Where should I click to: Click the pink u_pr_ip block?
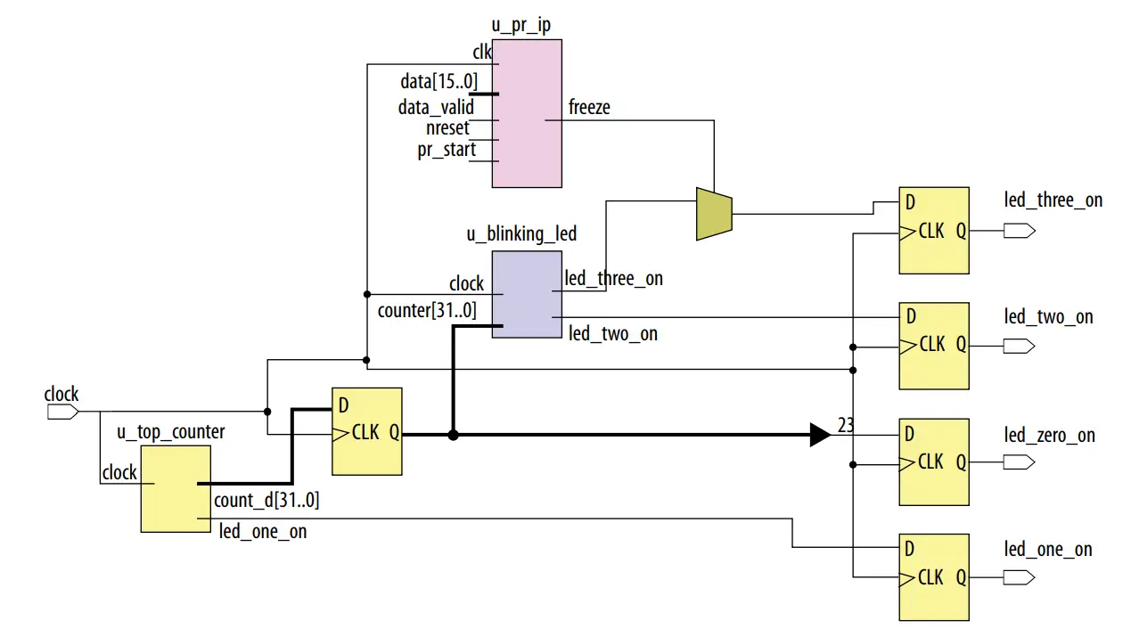tap(527, 114)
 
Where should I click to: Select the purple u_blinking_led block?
tap(527, 293)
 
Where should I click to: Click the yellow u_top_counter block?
tap(176, 489)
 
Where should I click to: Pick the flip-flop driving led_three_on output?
tap(933, 230)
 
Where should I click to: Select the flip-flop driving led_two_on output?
tap(933, 345)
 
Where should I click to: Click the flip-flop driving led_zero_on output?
tap(933, 461)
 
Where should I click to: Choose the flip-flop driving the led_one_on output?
tap(933, 576)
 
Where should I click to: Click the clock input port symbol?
tap(61, 412)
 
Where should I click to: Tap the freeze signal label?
tap(589, 107)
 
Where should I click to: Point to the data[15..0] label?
tap(439, 82)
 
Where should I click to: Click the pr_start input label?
tap(446, 150)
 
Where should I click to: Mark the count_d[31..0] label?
tap(266, 501)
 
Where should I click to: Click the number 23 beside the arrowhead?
tap(846, 425)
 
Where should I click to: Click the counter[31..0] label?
tap(427, 311)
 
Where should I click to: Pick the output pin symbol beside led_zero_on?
tap(1019, 462)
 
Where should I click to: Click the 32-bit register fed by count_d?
tap(366, 431)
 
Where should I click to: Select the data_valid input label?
tap(436, 107)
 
